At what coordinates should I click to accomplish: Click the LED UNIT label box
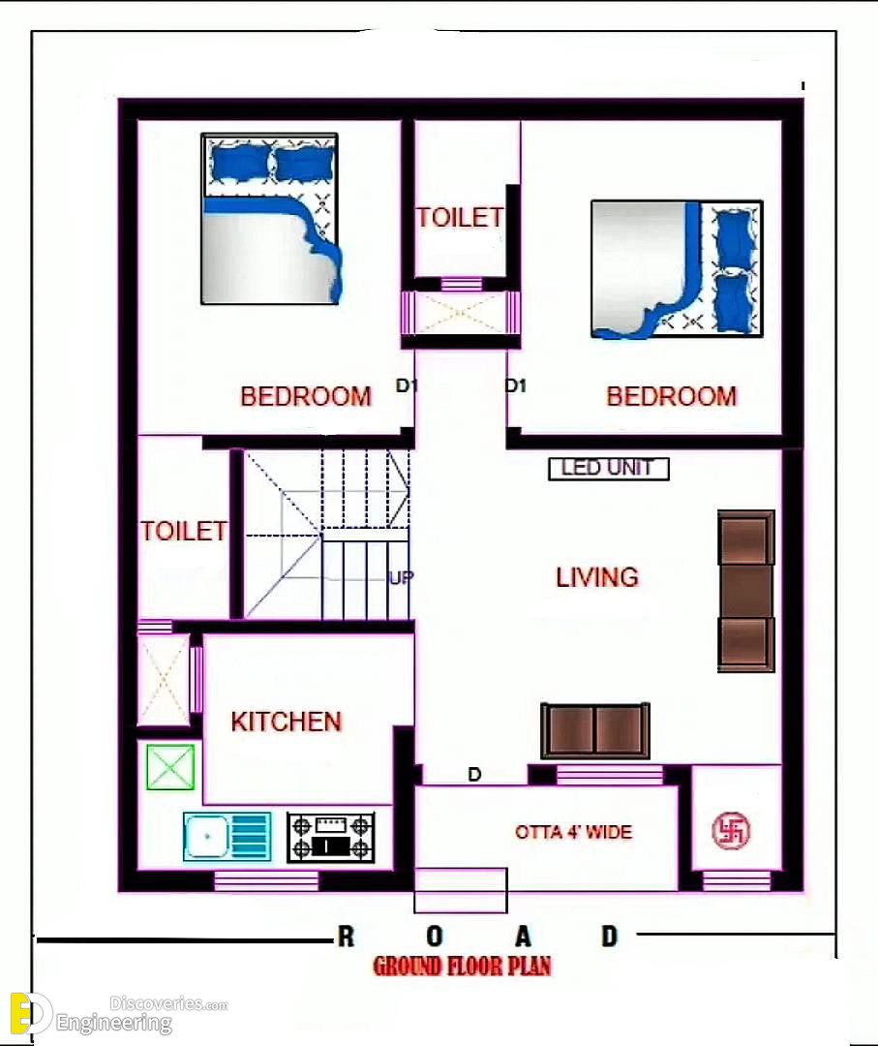coord(608,469)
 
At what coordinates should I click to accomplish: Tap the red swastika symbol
coord(731,831)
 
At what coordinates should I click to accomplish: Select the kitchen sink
coord(227,836)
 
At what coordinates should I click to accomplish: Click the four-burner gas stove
coord(331,837)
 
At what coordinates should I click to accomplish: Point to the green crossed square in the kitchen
coord(170,767)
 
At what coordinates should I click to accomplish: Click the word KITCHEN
coord(286,722)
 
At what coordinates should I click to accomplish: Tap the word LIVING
coord(596,577)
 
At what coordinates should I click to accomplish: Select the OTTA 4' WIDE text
coord(573,832)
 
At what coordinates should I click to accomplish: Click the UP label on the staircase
coord(401,577)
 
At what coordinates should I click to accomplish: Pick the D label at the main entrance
coord(474,775)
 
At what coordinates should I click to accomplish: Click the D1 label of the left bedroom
coord(406,385)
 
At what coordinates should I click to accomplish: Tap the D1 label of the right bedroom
coord(515,385)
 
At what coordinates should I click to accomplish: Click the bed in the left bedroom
coord(270,219)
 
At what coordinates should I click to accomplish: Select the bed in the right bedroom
coord(677,269)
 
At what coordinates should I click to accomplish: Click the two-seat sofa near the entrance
coord(595,730)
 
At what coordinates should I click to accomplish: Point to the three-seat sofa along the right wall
coord(746,591)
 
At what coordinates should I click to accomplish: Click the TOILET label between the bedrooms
coord(460,218)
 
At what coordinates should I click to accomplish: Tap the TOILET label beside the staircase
coord(183,532)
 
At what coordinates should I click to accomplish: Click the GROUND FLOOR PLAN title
coord(462,966)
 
